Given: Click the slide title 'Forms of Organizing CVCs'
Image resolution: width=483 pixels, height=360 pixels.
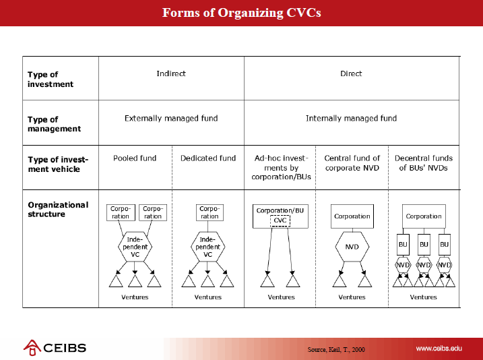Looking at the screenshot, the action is (x=241, y=13).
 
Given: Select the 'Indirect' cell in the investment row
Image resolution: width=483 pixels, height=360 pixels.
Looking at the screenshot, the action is (x=171, y=73).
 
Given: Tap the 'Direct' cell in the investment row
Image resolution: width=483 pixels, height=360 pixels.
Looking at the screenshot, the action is (x=351, y=73).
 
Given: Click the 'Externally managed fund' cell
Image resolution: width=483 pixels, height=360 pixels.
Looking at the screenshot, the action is (x=171, y=119).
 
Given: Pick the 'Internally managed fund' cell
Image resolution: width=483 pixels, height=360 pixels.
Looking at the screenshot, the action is (x=351, y=119).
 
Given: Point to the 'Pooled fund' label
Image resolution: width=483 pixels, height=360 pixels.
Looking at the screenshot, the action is (x=135, y=158).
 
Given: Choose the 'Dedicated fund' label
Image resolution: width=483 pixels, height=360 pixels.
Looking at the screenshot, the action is (x=208, y=158).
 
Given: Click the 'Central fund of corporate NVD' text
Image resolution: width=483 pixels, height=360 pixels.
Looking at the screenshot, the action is (x=352, y=162).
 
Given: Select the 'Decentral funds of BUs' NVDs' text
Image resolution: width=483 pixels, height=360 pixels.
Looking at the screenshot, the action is (x=424, y=162).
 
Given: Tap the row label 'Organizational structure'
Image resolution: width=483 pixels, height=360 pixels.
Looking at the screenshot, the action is (x=58, y=209).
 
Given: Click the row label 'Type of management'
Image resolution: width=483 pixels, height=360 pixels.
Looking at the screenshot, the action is (x=54, y=124).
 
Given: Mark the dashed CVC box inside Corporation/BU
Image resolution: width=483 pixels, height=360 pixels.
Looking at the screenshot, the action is (x=280, y=220).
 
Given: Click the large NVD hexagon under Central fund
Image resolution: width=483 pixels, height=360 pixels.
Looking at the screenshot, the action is (x=352, y=247).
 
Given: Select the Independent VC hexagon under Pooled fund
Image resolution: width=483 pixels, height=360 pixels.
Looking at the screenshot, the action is (x=135, y=247).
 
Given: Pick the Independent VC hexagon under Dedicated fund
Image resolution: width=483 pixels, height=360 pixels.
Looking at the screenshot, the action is (x=207, y=247).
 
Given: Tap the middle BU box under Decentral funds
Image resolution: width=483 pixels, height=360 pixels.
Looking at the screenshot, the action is (x=424, y=245).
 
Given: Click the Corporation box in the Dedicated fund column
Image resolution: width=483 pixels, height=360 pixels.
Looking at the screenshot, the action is (x=210, y=212).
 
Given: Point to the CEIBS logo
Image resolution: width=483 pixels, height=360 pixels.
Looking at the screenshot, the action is (x=55, y=348).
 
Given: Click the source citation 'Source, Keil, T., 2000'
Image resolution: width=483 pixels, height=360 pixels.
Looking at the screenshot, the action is (x=336, y=349).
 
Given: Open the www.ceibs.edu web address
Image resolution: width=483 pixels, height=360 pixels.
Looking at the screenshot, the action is (x=439, y=349).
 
